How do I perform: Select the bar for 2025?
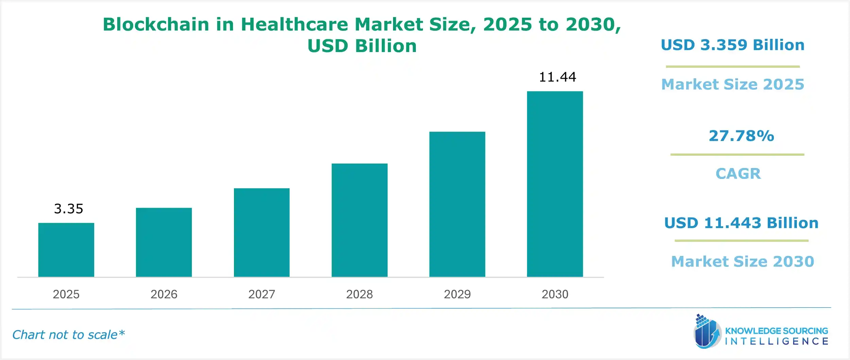66,250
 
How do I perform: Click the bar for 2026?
164,242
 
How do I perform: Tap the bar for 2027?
261,233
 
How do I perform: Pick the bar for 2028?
359,220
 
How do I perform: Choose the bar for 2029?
457,204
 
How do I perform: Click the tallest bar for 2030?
555,184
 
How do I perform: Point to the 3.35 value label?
68,209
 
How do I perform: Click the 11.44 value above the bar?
557,77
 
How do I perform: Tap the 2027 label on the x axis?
261,294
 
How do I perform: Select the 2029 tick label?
457,294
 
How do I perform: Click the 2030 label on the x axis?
555,294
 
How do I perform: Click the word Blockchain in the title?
156,24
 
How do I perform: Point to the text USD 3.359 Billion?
732,45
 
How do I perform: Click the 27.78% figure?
741,136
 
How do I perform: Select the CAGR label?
738,174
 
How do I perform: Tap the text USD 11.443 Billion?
741,223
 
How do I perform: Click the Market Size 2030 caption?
743,261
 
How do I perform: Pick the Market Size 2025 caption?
733,84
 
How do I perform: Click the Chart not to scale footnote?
68,335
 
